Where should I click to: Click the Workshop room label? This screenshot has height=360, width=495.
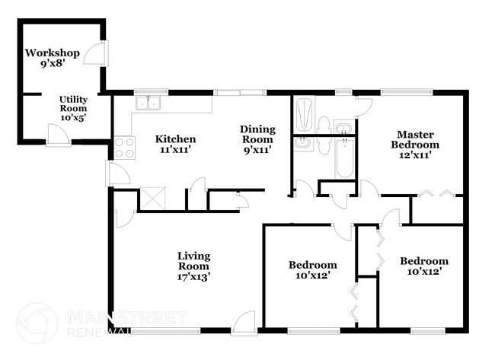53,53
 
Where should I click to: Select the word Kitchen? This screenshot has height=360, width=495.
176,139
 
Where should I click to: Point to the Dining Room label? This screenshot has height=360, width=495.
257,134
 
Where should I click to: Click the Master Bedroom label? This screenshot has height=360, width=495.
415,139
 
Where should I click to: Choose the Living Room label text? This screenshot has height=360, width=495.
193,260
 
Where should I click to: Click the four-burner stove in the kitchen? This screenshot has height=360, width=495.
124,147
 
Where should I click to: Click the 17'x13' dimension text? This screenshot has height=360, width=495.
193,277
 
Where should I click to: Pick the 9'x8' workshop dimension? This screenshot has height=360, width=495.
53,65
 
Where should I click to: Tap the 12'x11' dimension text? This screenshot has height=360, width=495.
415,155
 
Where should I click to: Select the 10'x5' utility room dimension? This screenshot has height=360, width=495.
74,119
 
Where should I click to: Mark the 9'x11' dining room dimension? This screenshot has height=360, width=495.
257,150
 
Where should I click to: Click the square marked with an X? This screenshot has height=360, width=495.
151,199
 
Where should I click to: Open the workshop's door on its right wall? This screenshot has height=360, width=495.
97,53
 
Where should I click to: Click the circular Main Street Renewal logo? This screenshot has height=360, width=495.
36,323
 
